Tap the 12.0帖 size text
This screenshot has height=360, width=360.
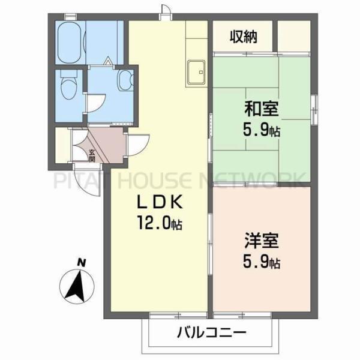click(160, 225)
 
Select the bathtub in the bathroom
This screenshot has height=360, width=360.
click(71, 40)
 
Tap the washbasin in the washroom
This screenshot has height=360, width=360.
click(125, 80)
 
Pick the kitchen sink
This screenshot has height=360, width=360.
click(196, 73)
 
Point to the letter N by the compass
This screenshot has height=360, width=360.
click(80, 262)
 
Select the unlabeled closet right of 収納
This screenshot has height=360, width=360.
click(293, 37)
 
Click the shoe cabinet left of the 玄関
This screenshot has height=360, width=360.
click(62, 145)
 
